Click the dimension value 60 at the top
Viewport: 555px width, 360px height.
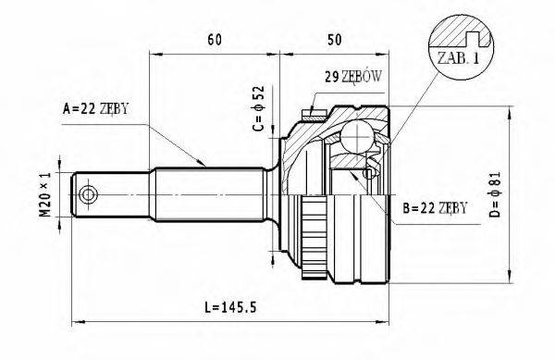click(x=214, y=40)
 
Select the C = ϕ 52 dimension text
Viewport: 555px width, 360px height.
click(x=260, y=109)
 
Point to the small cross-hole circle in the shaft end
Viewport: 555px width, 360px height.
click(x=90, y=195)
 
